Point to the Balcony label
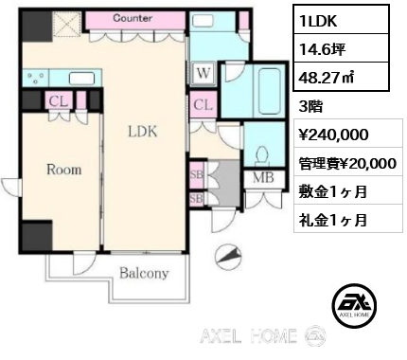(144, 274)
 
